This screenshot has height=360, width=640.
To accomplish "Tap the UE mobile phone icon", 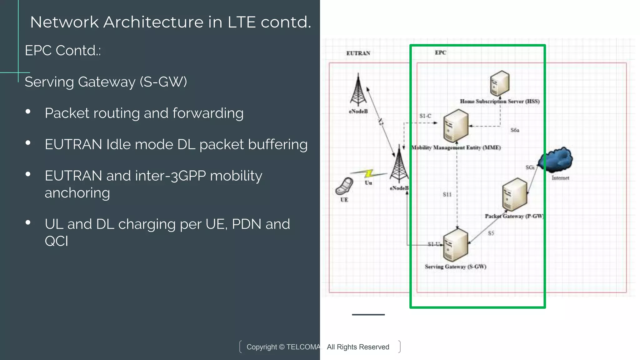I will click(x=344, y=186).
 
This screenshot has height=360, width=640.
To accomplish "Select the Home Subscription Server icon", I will click(x=499, y=83).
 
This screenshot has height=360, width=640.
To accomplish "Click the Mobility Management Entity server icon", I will click(x=456, y=126).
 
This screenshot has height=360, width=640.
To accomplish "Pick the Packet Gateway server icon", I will click(x=514, y=194).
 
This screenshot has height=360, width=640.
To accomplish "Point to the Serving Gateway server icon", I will click(x=456, y=245).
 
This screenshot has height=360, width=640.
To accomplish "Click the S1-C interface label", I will click(x=425, y=116).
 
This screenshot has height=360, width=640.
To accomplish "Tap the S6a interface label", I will click(x=515, y=130).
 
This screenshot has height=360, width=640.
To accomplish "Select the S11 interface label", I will click(x=447, y=194).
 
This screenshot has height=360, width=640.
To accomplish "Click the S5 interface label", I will click(x=491, y=233).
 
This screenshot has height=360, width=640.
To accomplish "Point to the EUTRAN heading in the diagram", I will click(x=358, y=53).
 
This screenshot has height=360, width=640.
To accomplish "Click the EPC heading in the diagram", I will click(x=440, y=52).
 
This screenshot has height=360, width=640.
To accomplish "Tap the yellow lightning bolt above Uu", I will click(x=369, y=173).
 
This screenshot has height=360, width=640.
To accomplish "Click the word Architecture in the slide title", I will click(x=153, y=22).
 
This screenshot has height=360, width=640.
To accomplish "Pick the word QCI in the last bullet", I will click(x=56, y=241).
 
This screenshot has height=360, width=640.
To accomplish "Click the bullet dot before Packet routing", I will click(x=28, y=112).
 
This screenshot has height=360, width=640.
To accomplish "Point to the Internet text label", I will click(x=560, y=178).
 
